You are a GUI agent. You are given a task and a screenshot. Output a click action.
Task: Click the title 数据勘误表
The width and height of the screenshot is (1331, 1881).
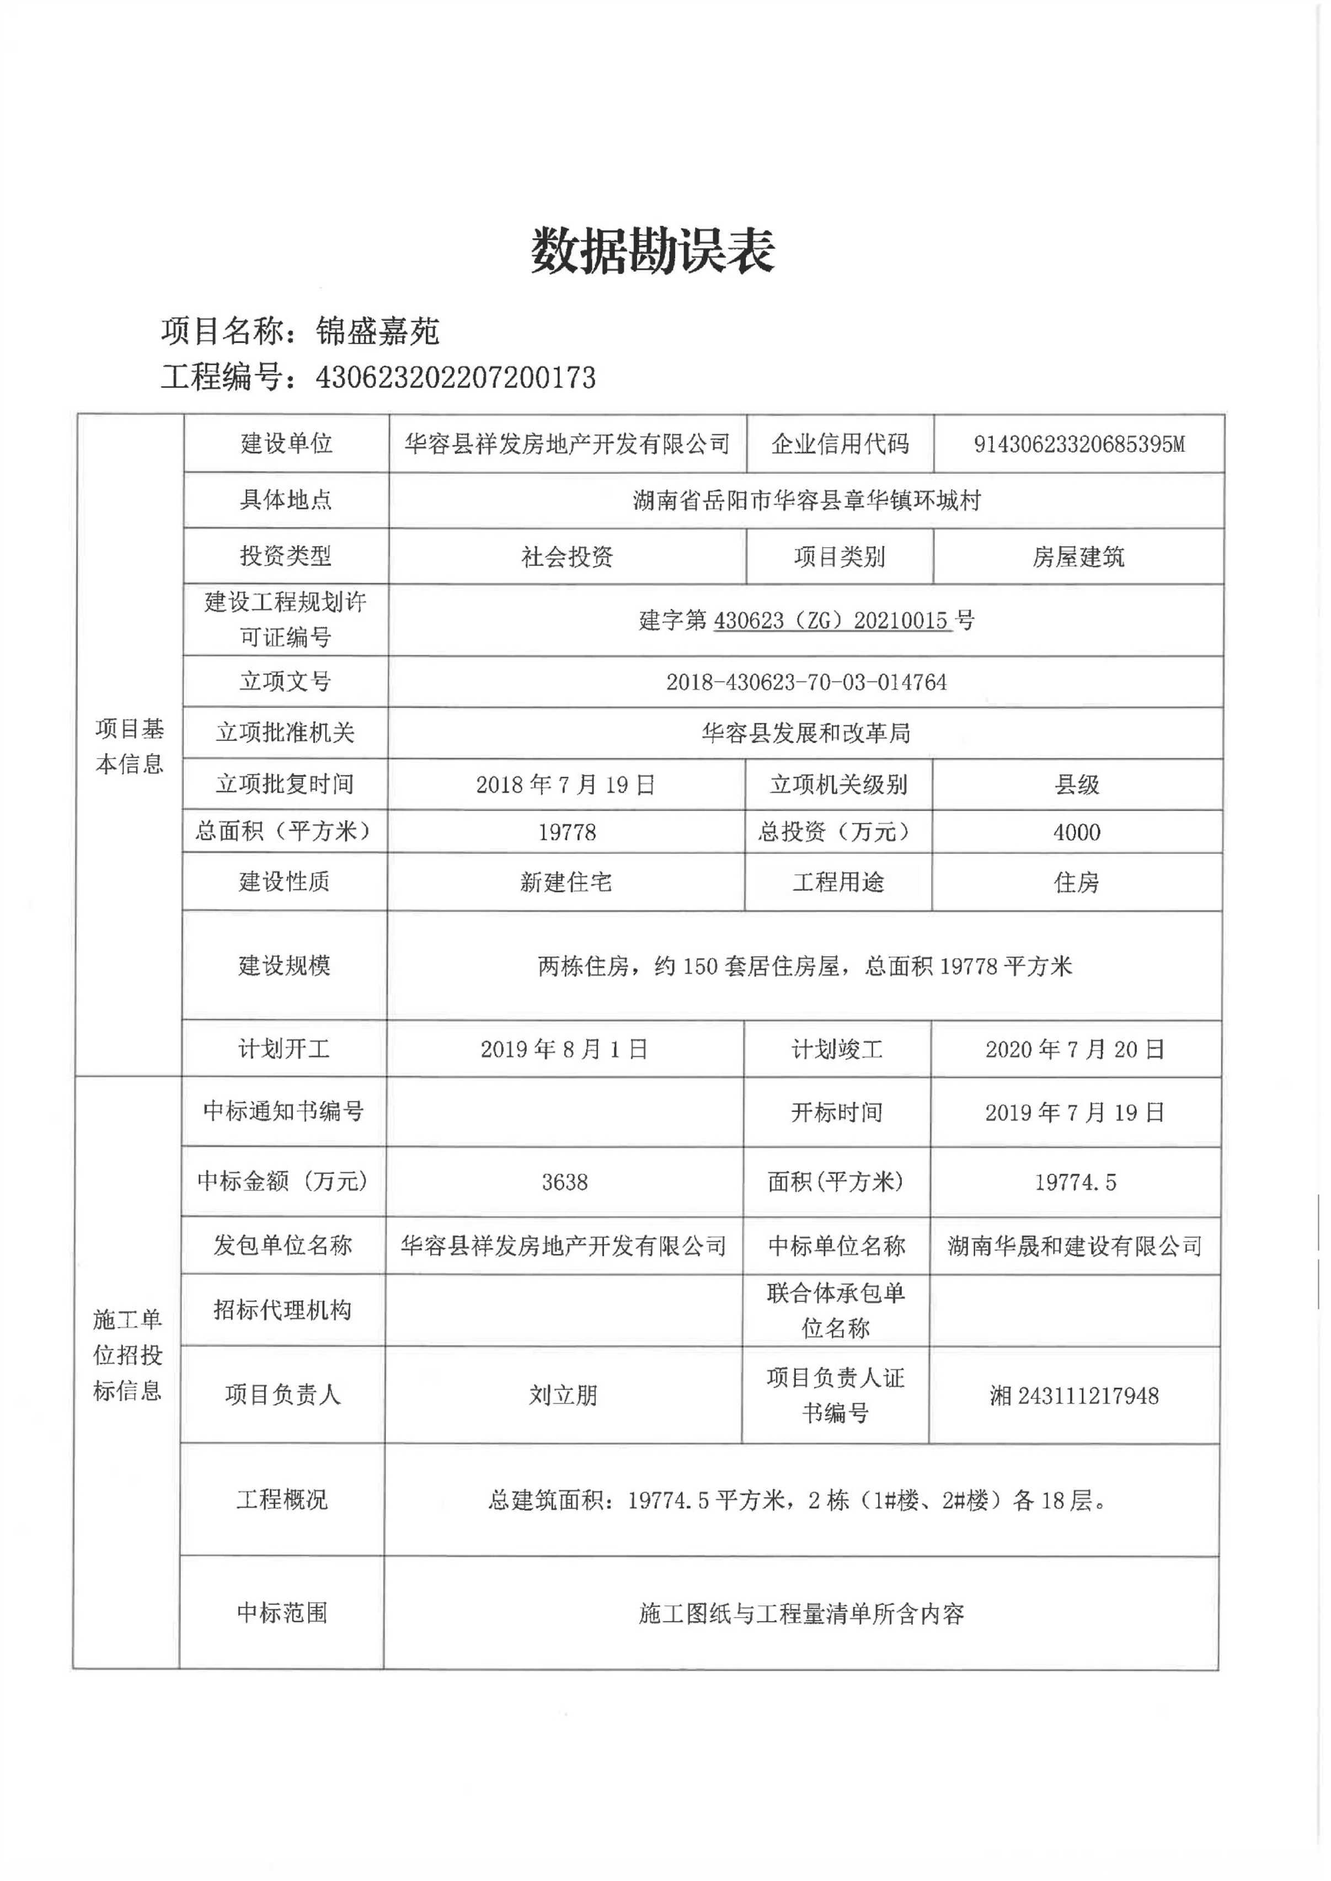click(x=653, y=251)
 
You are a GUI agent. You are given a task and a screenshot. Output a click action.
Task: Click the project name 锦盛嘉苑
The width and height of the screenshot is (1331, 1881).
click(x=378, y=331)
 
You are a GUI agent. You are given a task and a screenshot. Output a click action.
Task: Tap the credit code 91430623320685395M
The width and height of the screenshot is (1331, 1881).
click(x=1078, y=444)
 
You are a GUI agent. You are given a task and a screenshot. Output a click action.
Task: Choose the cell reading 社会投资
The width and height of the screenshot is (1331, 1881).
click(x=567, y=557)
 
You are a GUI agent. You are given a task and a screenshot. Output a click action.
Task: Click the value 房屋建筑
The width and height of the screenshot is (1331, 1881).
click(x=1078, y=557)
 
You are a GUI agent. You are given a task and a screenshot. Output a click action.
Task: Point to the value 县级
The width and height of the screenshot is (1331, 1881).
click(x=1077, y=784)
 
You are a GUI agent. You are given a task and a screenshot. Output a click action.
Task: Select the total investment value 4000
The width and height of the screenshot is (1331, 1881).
click(x=1077, y=832)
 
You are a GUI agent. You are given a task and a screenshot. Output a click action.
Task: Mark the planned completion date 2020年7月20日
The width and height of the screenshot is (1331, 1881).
click(x=1075, y=1049)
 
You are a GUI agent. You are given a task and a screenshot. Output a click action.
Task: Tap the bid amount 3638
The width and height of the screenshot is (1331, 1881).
click(x=565, y=1182)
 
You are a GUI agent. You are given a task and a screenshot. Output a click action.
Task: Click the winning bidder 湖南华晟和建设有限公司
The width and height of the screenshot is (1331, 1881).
click(x=1075, y=1246)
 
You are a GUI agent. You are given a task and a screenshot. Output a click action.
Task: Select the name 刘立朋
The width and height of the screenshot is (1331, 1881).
click(x=563, y=1395)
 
